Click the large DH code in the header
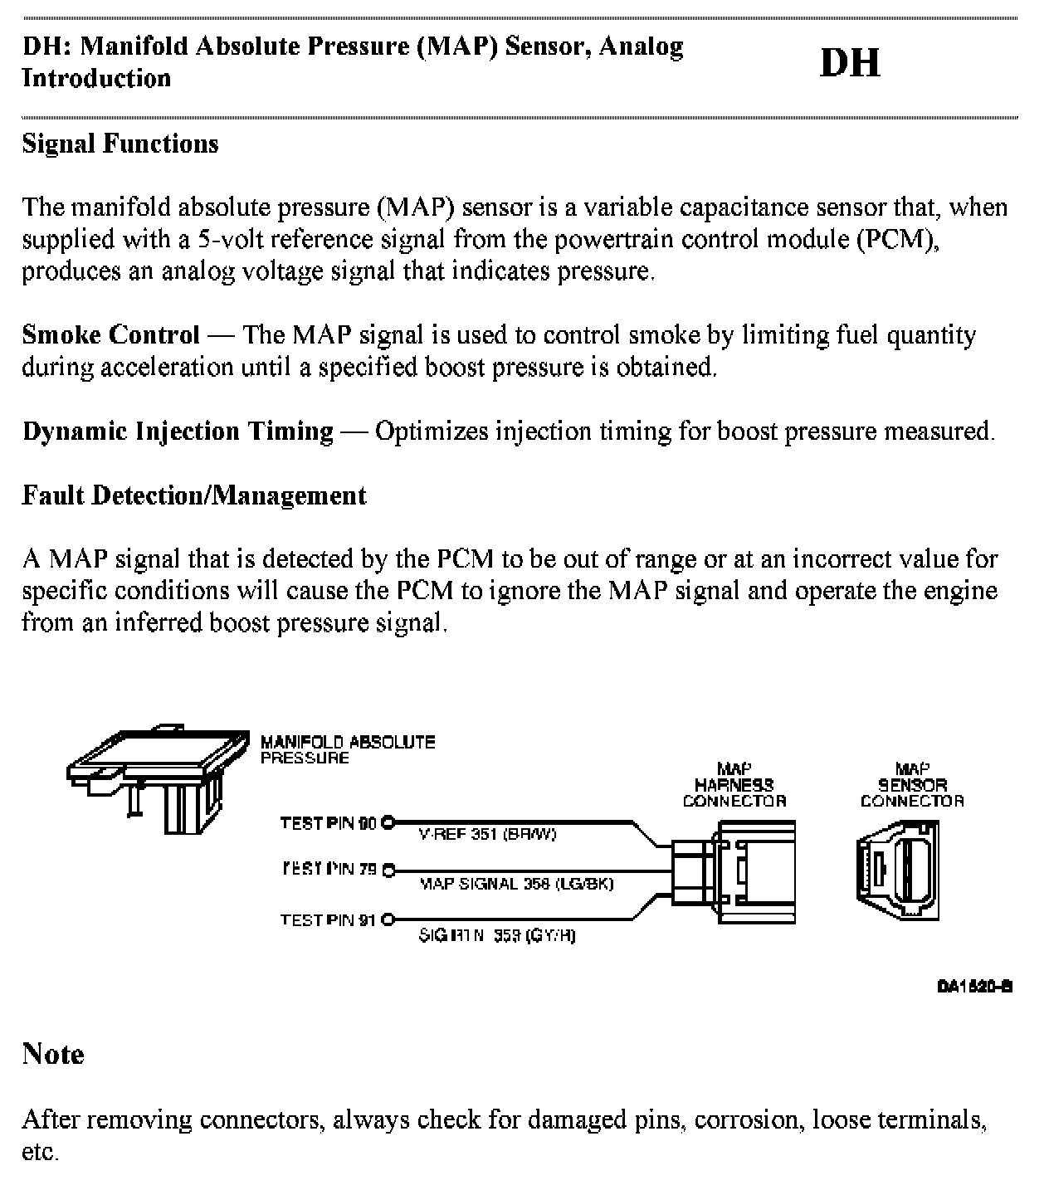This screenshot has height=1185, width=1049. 850,63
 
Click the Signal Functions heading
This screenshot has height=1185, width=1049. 120,144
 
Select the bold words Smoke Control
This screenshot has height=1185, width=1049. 110,335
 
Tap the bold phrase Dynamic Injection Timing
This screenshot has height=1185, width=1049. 178,432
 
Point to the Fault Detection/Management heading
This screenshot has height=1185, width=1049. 194,495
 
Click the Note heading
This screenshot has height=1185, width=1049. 53,1054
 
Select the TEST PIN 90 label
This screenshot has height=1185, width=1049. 329,823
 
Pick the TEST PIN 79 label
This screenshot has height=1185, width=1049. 329,870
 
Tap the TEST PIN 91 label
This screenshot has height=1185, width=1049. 329,919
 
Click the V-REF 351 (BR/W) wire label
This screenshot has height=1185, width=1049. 487,835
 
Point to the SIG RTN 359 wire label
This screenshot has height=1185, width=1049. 497,935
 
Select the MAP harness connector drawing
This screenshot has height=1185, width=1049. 734,872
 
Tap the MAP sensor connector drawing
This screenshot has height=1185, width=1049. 899,870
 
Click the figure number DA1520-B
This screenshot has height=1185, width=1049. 974,986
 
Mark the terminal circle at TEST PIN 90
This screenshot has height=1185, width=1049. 387,823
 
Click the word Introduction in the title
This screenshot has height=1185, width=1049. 96,78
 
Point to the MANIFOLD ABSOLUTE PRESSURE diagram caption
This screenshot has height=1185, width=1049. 347,749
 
